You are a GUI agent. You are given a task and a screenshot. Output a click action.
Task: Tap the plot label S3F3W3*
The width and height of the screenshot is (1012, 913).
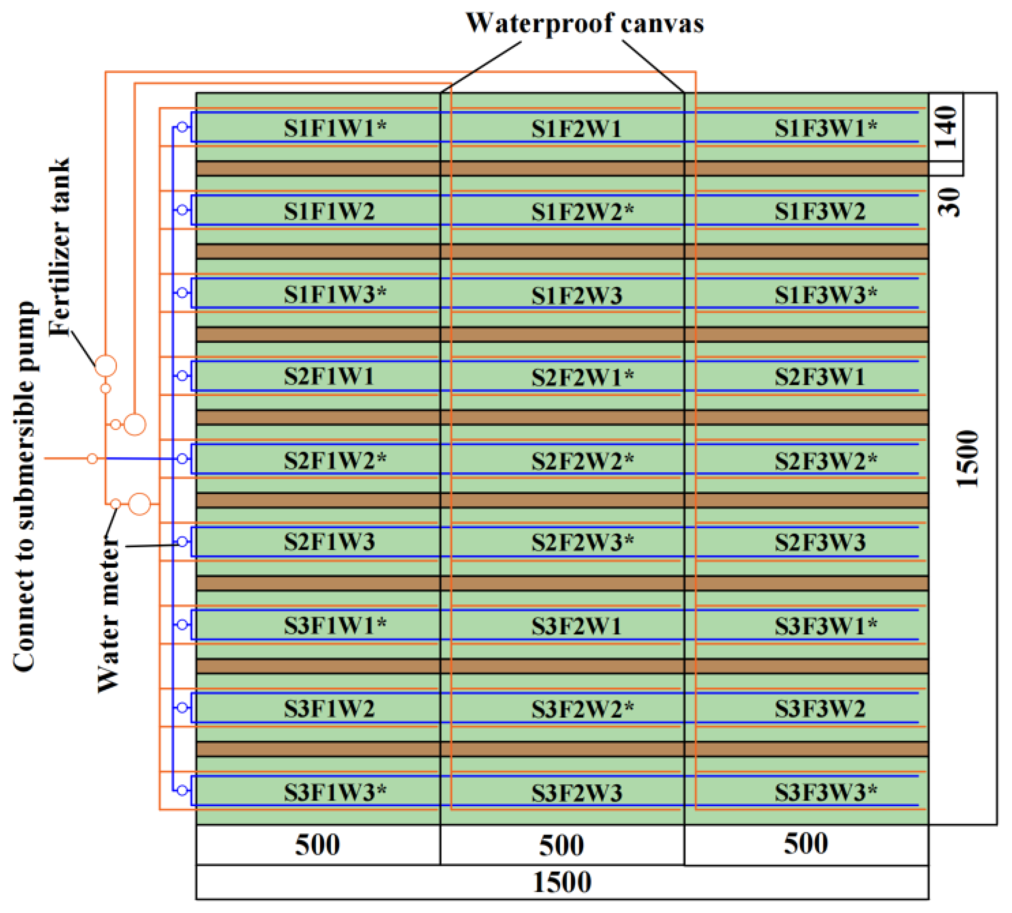pyautogui.click(x=826, y=792)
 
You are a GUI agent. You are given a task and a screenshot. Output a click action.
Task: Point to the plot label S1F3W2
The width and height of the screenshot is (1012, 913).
pyautogui.click(x=820, y=211)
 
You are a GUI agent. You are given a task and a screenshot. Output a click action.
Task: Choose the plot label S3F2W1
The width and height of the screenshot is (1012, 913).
pyautogui.click(x=577, y=626)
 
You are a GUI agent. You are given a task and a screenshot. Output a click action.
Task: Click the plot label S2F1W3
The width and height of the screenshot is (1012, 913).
pyautogui.click(x=329, y=542)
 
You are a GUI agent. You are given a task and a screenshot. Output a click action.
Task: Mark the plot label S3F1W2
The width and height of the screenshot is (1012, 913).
pyautogui.click(x=329, y=709)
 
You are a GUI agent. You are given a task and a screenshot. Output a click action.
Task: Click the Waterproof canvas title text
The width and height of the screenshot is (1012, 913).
pyautogui.click(x=585, y=24)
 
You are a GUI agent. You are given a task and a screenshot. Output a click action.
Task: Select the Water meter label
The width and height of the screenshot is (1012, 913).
pyautogui.click(x=109, y=614)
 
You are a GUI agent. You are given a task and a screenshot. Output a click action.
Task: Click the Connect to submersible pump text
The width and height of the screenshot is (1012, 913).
pyautogui.click(x=25, y=487)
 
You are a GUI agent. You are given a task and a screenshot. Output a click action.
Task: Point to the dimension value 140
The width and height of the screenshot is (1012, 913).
pyautogui.click(x=946, y=127)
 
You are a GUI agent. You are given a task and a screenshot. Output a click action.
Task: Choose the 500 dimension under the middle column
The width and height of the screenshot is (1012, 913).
pyautogui.click(x=561, y=845)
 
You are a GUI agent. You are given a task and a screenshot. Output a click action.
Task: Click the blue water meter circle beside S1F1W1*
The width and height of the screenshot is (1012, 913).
pyautogui.click(x=183, y=127)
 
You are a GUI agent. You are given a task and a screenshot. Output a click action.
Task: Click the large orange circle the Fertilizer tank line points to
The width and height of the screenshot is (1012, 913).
pyautogui.click(x=106, y=366)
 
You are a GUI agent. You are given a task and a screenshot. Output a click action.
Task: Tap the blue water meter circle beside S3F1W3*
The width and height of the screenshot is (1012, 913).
pyautogui.click(x=183, y=790)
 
